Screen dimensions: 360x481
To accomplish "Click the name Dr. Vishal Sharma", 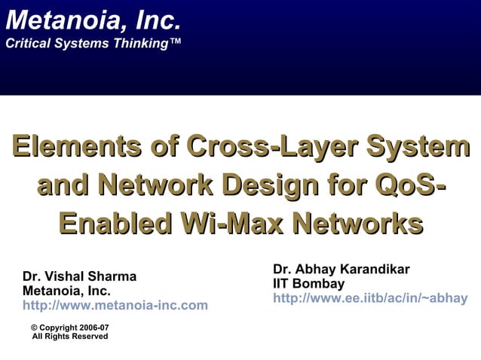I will [80, 276].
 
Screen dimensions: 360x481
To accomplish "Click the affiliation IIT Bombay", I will [309, 284].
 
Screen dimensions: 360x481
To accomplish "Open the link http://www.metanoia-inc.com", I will [115, 305].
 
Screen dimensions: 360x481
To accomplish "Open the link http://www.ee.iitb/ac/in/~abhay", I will [370, 298].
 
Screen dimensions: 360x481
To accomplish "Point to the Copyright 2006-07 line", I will [69, 327].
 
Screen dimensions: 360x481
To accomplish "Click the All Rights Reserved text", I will [69, 336].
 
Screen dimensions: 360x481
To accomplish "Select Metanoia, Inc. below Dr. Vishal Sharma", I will [67, 291].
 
